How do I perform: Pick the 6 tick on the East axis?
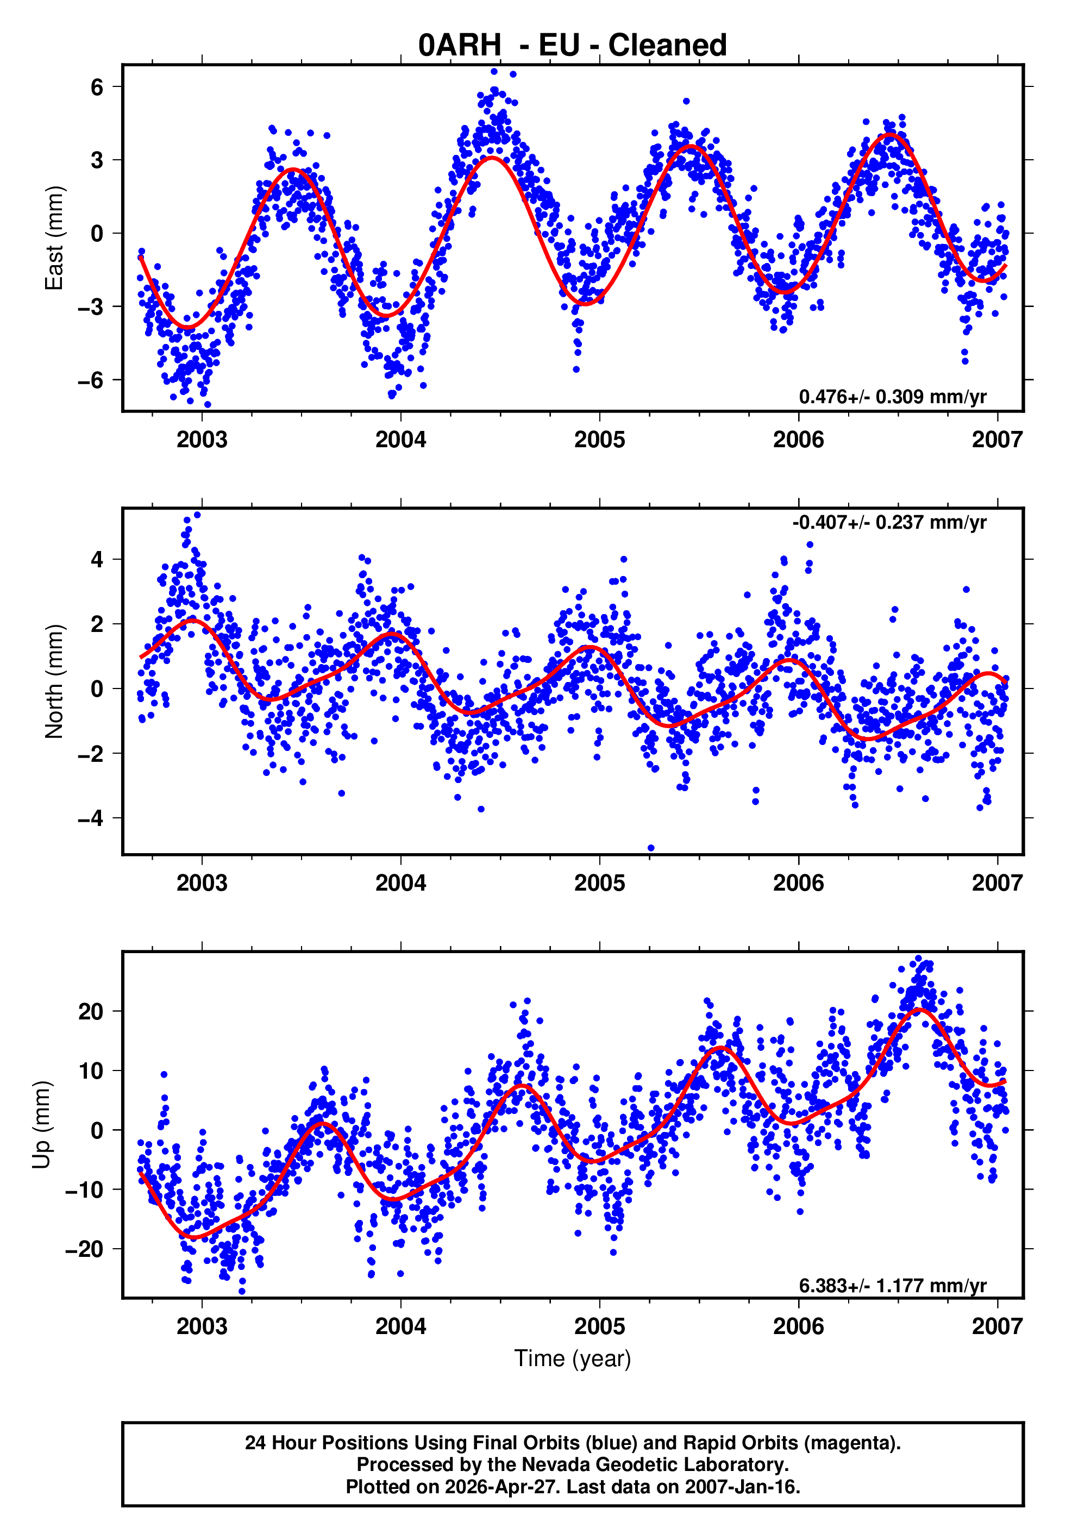(x=97, y=87)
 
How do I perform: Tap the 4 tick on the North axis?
(x=97, y=559)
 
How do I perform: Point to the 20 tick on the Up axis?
(x=91, y=1012)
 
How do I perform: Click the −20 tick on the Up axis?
(x=84, y=1249)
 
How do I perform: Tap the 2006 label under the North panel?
(x=798, y=884)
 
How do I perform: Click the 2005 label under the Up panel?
(x=599, y=1326)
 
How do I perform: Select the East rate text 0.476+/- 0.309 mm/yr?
(x=892, y=397)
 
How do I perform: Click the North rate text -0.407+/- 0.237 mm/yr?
(x=889, y=522)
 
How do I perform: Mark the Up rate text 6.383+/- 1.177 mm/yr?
(x=892, y=1286)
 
